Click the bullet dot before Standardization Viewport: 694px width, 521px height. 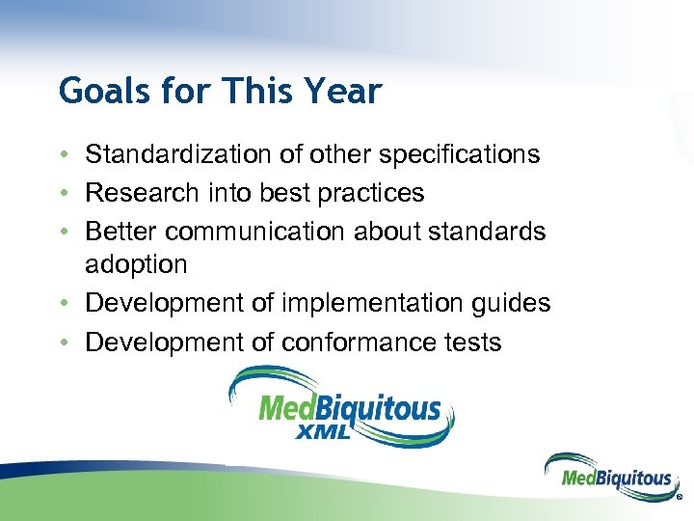coord(63,155)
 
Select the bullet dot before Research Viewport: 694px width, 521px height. coord(63,194)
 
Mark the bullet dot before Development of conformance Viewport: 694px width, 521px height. coord(63,343)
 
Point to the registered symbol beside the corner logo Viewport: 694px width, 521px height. coord(679,499)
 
